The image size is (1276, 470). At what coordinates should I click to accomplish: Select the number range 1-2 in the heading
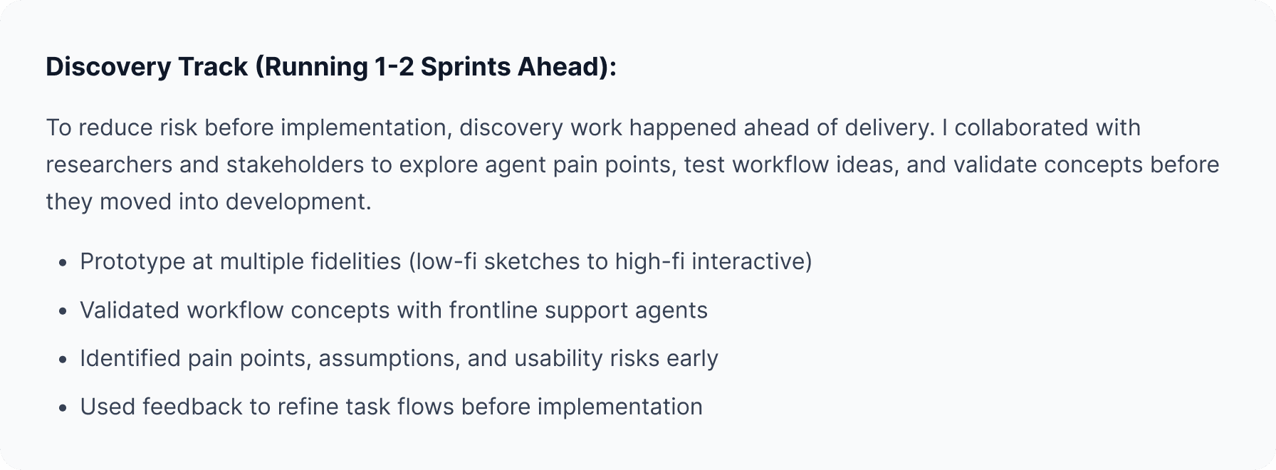(x=394, y=67)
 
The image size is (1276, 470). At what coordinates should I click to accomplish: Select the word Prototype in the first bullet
(x=132, y=262)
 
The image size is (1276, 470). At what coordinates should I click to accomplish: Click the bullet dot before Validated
(x=63, y=311)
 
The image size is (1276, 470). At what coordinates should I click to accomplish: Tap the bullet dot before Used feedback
(x=63, y=407)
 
